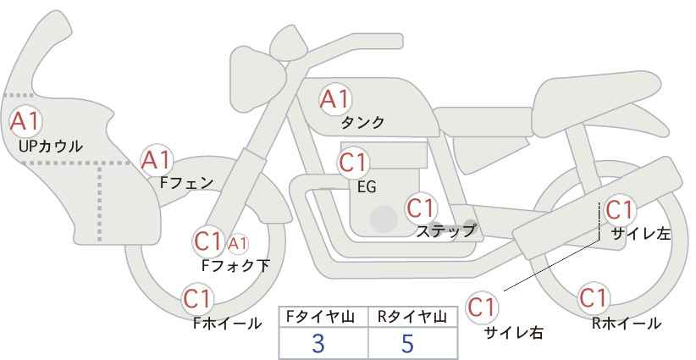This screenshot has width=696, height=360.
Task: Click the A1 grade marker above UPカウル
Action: pyautogui.click(x=25, y=121)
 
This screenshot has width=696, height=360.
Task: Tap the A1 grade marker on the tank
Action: pyautogui.click(x=335, y=99)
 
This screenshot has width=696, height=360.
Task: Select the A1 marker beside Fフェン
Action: pyautogui.click(x=157, y=160)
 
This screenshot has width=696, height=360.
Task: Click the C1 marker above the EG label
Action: pyautogui.click(x=353, y=163)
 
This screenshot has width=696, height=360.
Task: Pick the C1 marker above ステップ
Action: pyautogui.click(x=422, y=208)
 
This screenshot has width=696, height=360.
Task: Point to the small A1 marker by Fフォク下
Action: pyautogui.click(x=238, y=243)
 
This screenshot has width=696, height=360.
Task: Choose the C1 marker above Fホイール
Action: pyautogui.click(x=198, y=299)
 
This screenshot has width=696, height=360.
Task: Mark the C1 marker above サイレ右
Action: pyautogui.click(x=482, y=307)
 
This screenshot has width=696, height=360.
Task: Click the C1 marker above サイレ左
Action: pyautogui.click(x=620, y=210)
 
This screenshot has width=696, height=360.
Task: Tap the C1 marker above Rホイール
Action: pyautogui.click(x=594, y=298)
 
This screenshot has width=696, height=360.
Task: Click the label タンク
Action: pyautogui.click(x=362, y=123)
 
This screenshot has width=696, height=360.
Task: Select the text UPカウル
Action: pyautogui.click(x=51, y=147)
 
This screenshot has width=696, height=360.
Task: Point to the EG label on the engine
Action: pyautogui.click(x=367, y=187)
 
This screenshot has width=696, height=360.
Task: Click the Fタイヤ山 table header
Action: pyautogui.click(x=320, y=317)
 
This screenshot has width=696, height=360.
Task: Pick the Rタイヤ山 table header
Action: pyautogui.click(x=412, y=317)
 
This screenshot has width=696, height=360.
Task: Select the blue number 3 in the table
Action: pyautogui.click(x=318, y=343)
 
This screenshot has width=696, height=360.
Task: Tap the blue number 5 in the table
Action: pyautogui.click(x=407, y=343)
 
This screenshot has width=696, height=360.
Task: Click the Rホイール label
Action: pyautogui.click(x=627, y=324)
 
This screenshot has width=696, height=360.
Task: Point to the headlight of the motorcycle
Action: pyautogui.click(x=257, y=78)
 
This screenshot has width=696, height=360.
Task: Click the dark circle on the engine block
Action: pyautogui.click(x=384, y=219)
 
